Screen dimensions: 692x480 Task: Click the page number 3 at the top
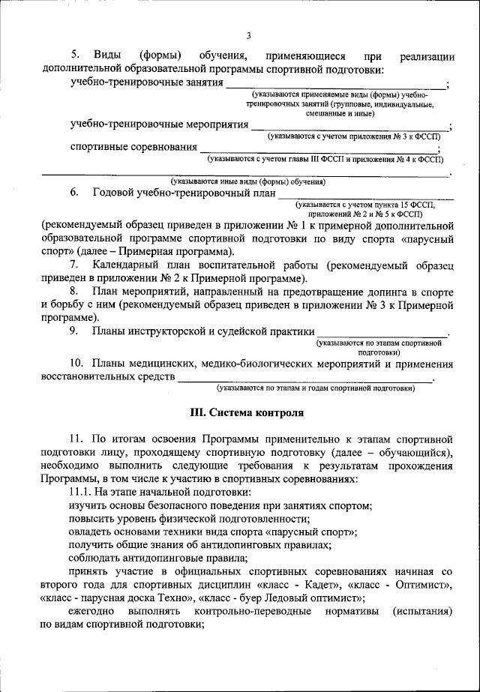click(x=248, y=34)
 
